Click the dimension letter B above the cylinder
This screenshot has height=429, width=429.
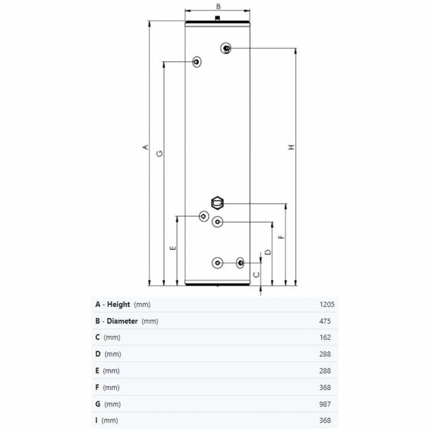point(218,7)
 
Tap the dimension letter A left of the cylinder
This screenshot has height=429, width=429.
point(146,147)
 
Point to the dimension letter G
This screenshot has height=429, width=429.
point(160,154)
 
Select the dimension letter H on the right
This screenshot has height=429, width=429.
point(291,147)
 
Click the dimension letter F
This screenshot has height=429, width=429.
point(281,237)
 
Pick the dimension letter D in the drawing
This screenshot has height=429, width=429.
point(268,252)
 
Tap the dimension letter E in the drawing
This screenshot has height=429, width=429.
point(173,248)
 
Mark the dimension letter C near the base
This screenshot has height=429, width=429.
point(256,275)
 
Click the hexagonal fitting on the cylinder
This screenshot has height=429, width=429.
point(218,203)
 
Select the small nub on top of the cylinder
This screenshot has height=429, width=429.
point(218,18)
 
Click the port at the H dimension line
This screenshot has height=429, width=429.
point(226,48)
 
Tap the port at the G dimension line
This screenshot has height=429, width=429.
point(197,62)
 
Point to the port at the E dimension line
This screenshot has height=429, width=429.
point(204,216)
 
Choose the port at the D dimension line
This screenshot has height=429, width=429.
point(218,222)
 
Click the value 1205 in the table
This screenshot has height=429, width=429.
point(327,304)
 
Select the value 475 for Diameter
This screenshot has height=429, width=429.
point(325,321)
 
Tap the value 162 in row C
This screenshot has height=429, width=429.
point(325,337)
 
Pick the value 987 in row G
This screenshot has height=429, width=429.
point(325,404)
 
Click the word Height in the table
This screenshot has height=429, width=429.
point(118,304)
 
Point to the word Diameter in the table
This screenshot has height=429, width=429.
point(122,321)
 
